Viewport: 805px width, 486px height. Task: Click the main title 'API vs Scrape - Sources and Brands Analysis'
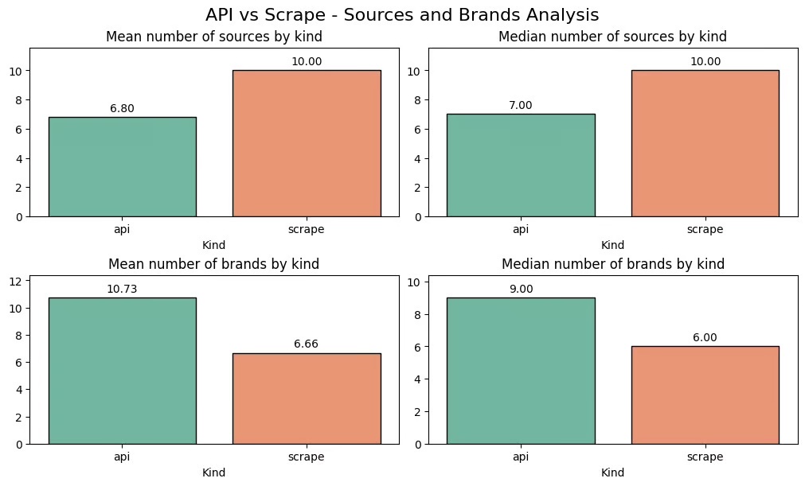[402, 14]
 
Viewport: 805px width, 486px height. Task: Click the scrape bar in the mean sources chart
[307, 143]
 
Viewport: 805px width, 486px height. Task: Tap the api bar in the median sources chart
[521, 165]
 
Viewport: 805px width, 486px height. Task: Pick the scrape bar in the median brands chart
[705, 395]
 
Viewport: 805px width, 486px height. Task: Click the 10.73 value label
[122, 289]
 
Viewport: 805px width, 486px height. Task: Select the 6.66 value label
[307, 344]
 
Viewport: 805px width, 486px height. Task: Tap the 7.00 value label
[521, 105]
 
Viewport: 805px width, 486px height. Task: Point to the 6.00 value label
[705, 337]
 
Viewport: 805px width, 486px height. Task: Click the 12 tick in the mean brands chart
[18, 281]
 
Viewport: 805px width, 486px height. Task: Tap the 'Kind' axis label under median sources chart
[612, 245]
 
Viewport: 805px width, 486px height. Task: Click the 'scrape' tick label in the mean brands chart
[307, 457]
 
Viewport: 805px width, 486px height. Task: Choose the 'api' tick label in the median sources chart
[521, 230]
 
